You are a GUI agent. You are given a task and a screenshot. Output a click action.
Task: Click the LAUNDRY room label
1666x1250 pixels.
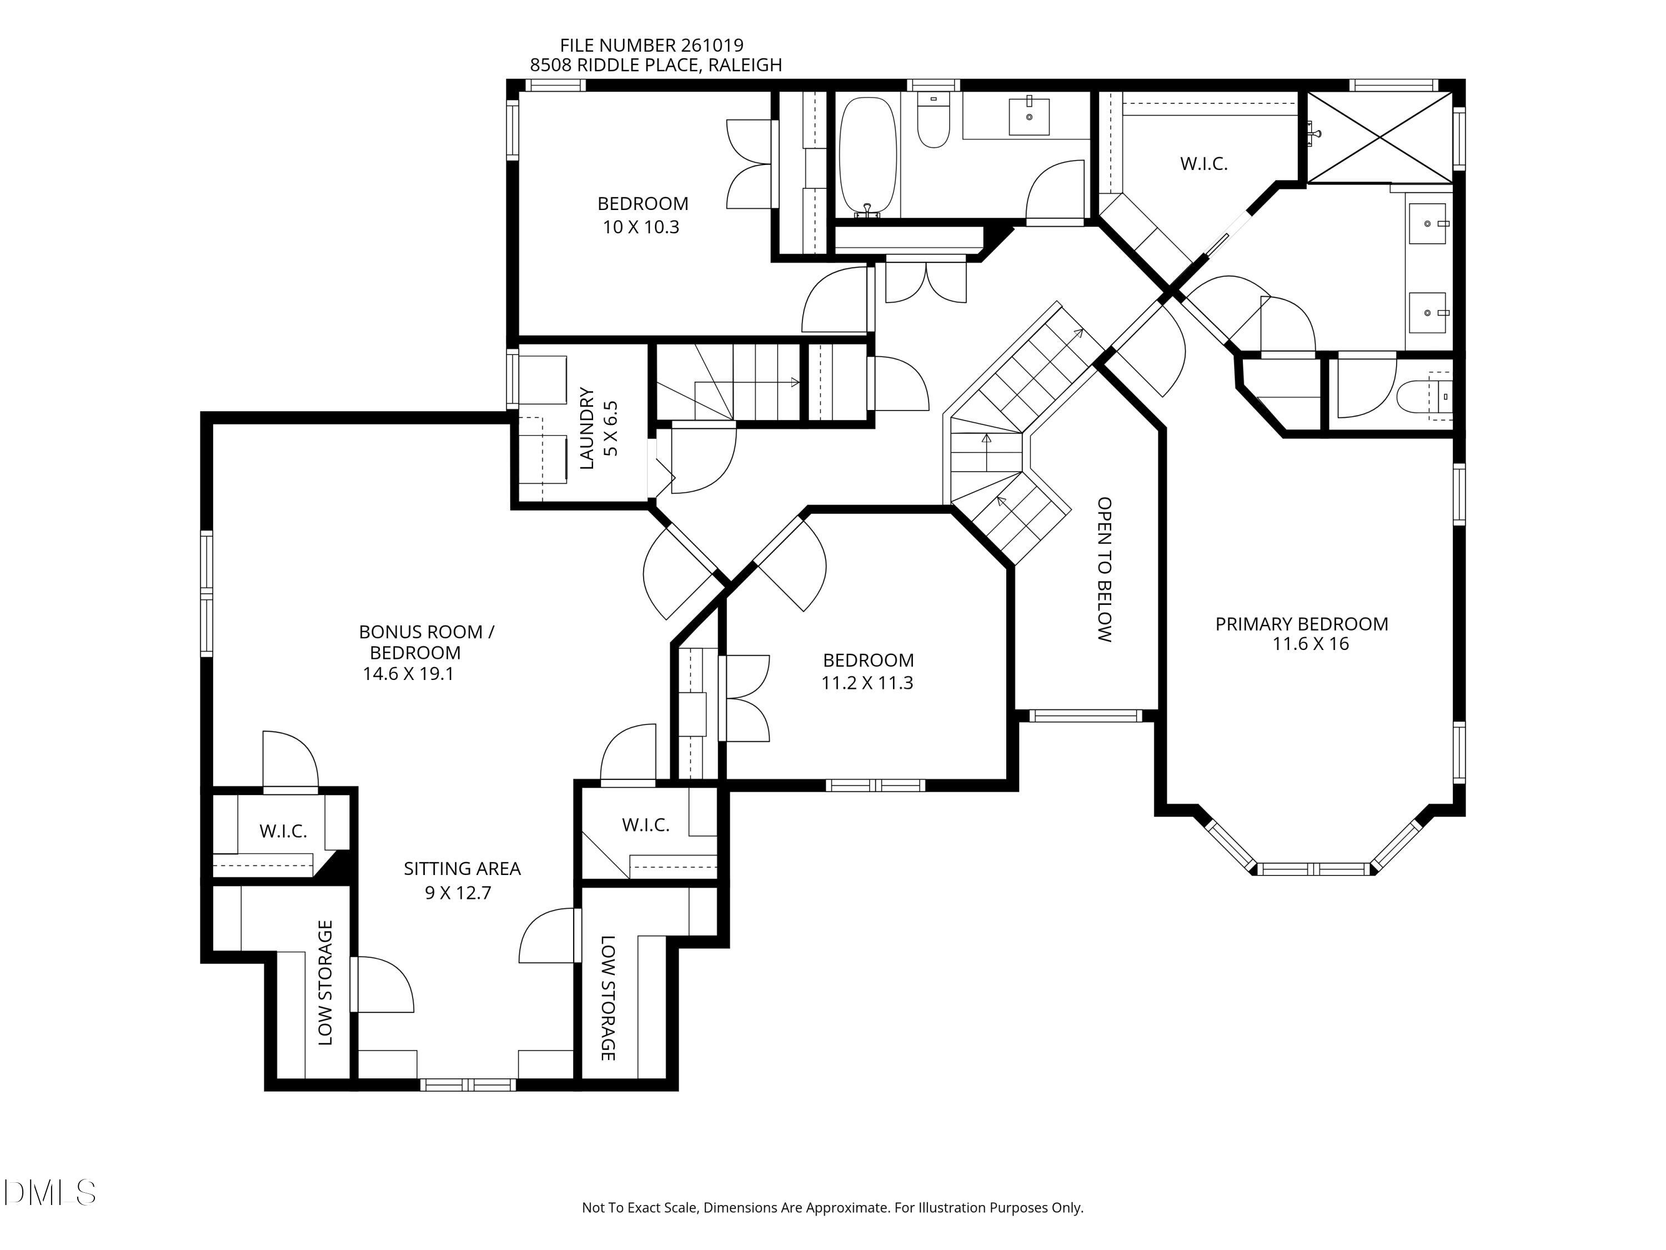(588, 428)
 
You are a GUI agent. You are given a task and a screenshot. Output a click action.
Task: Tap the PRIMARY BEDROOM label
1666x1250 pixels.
(1302, 624)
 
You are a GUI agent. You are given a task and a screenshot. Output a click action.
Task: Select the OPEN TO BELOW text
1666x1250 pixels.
(1104, 569)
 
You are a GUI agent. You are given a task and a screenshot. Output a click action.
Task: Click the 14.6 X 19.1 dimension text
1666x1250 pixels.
(408, 673)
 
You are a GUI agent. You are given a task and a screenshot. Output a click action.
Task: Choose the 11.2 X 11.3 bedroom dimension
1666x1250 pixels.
(867, 683)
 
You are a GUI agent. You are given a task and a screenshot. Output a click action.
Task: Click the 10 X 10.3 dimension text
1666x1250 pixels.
(641, 227)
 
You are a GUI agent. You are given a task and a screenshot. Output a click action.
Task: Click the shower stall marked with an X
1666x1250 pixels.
(1380, 137)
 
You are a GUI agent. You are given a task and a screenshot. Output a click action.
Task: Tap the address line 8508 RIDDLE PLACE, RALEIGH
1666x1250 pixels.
(656, 66)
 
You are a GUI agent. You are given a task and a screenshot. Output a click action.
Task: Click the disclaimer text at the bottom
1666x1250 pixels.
(832, 1208)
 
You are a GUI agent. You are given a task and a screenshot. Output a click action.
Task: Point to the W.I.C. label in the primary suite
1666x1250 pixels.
(1203, 163)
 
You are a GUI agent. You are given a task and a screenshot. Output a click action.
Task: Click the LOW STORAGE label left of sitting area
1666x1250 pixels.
(325, 983)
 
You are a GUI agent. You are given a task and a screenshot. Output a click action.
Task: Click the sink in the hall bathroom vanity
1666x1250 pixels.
(1029, 116)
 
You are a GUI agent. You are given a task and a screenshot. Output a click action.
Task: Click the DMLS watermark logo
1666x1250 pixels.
(50, 1193)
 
